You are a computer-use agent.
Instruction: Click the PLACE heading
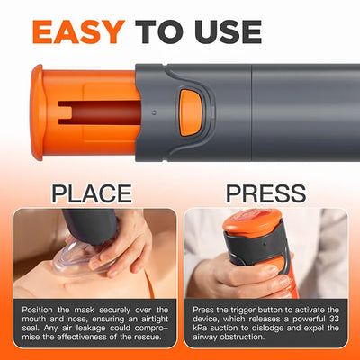pyautogui.click(x=90, y=193)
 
